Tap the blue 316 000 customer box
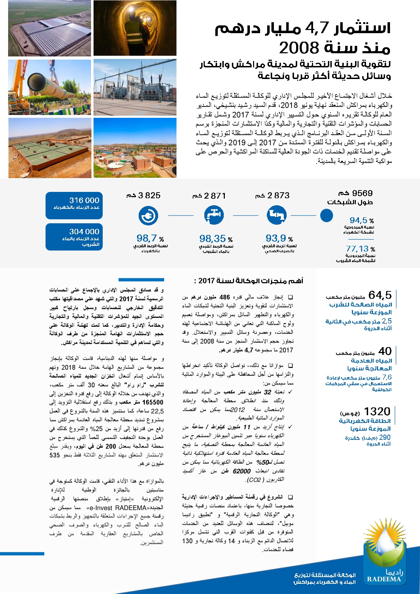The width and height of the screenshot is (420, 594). pyautogui.click(x=74, y=205)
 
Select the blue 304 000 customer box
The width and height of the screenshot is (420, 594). pyautogui.click(x=74, y=237)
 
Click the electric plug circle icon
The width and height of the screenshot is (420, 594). pyautogui.click(x=148, y=216)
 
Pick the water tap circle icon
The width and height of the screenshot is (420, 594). pyautogui.click(x=214, y=216)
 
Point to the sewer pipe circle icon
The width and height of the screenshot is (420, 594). pyautogui.click(x=276, y=216)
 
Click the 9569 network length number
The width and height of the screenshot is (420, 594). pyautogui.click(x=362, y=193)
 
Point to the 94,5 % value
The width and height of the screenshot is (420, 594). pyautogui.click(x=359, y=220)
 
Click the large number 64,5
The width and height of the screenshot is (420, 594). pyautogui.click(x=380, y=295)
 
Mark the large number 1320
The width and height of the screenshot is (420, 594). pyautogui.click(x=377, y=411)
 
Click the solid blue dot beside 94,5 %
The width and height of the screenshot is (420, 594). pyautogui.click(x=326, y=216)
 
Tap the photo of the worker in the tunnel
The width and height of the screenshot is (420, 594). pyautogui.click(x=135, y=28)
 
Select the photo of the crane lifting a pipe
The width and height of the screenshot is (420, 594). pyautogui.click(x=49, y=87)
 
